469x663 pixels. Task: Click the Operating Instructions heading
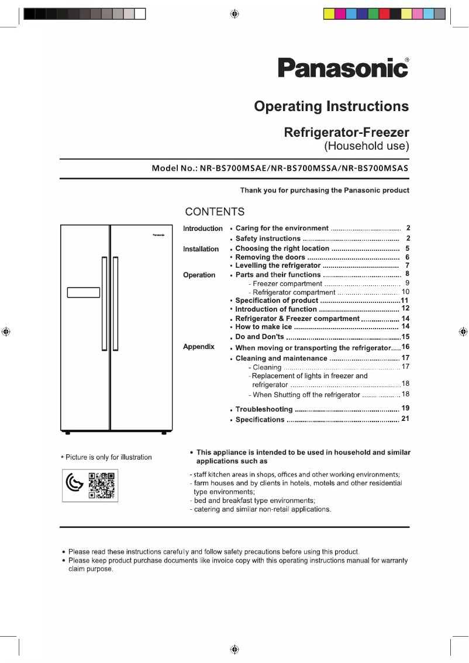tap(331, 106)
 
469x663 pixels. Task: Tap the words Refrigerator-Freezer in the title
tap(346, 132)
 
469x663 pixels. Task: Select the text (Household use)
tap(367, 146)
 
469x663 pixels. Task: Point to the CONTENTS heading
tap(215, 212)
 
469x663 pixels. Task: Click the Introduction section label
tap(202, 229)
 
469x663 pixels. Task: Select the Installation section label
tap(201, 249)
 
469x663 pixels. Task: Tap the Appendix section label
tap(199, 347)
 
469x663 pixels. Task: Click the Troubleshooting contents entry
tap(264, 410)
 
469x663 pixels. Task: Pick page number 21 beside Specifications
tap(405, 419)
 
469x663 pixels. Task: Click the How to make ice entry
tap(263, 327)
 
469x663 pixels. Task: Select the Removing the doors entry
tap(270, 257)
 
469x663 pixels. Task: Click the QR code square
tap(102, 485)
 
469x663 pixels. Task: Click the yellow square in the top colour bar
tap(329, 13)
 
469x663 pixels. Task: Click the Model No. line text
tap(280, 168)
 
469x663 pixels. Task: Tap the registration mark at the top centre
tap(233, 13)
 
